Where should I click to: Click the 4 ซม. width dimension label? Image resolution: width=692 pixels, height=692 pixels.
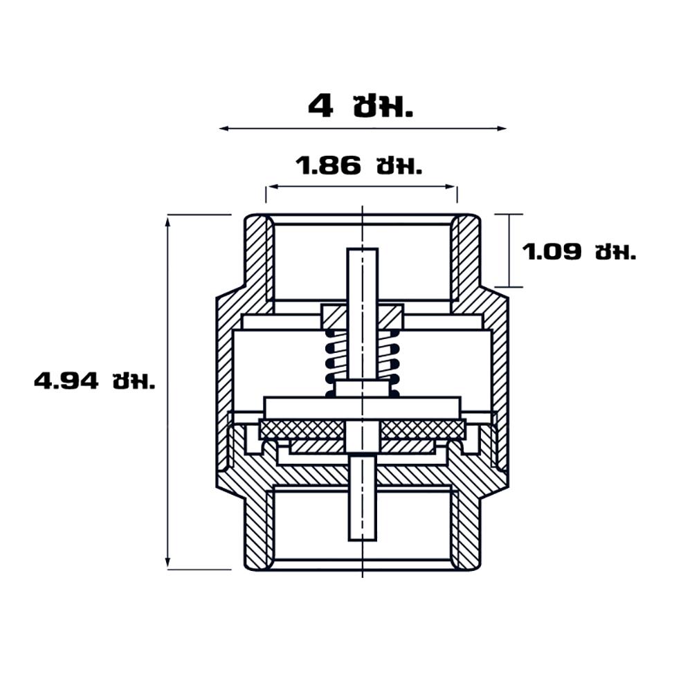(x=360, y=107)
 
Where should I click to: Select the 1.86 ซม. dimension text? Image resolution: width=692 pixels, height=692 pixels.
(x=358, y=166)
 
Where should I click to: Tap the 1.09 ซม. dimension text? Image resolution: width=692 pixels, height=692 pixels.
(x=579, y=252)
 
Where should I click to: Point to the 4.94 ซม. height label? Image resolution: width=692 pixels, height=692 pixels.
(x=95, y=381)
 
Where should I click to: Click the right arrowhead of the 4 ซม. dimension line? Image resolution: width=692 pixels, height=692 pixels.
(x=502, y=129)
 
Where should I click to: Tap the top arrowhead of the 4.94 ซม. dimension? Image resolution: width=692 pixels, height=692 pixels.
(x=167, y=220)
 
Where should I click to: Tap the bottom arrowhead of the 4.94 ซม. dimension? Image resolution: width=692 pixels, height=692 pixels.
(x=167, y=563)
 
